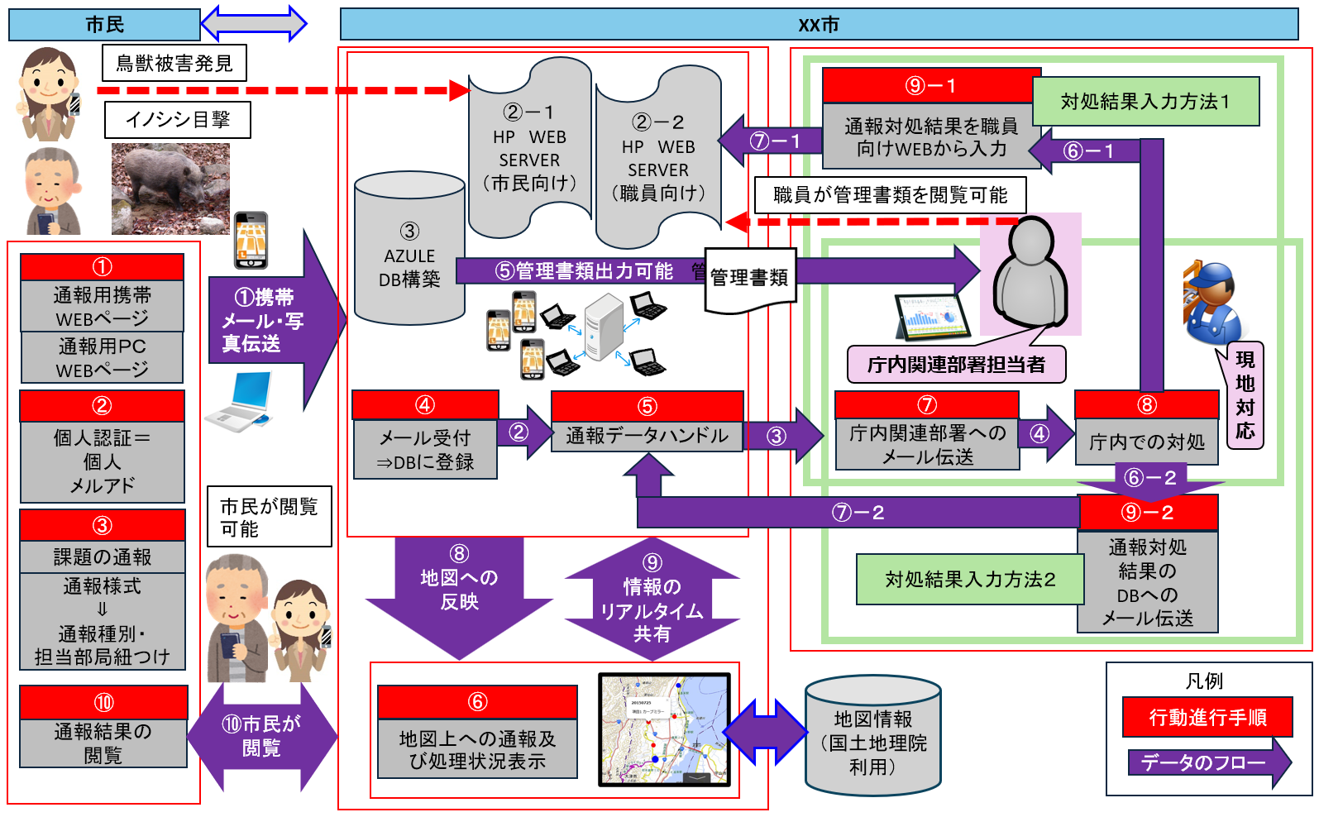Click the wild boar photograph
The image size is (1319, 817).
pyautogui.click(x=170, y=188)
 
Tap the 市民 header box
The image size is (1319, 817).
pyautogui.click(x=104, y=25)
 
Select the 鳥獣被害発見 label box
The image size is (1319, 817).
pyautogui.click(x=174, y=63)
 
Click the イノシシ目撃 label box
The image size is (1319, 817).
pyautogui.click(x=177, y=120)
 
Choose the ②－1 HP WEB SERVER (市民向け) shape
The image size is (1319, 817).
pyautogui.click(x=529, y=149)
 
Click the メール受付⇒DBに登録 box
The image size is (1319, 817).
pyautogui.click(x=425, y=449)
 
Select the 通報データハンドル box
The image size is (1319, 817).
pyautogui.click(x=647, y=435)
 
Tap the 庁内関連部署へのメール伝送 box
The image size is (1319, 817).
pyautogui.click(x=927, y=444)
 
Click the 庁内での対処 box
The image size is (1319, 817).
pyautogui.click(x=1146, y=442)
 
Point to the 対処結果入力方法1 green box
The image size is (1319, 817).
pyautogui.click(x=1145, y=102)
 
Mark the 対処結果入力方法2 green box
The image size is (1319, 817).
pyautogui.click(x=970, y=579)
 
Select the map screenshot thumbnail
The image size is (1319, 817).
pyautogui.click(x=665, y=729)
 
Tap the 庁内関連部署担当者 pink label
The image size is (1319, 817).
pyautogui.click(x=956, y=365)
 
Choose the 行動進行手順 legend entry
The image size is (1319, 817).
pyautogui.click(x=1207, y=717)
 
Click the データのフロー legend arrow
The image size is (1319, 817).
pyautogui.click(x=1207, y=762)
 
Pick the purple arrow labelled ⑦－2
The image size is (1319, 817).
pyautogui.click(x=858, y=513)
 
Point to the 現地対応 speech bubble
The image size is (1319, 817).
pyautogui.click(x=1245, y=395)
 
